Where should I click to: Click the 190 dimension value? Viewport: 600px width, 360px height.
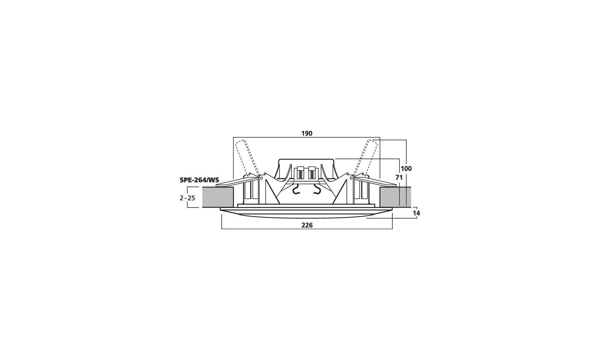(x=307, y=133)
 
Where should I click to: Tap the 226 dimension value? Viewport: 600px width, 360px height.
(x=307, y=226)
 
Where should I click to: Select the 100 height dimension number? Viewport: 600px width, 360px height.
(x=406, y=169)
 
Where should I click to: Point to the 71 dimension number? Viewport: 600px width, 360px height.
(x=399, y=178)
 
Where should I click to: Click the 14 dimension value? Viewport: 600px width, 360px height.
(x=416, y=214)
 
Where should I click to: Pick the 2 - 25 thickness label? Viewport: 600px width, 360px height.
(x=188, y=198)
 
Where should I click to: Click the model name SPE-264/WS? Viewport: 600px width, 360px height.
(x=199, y=180)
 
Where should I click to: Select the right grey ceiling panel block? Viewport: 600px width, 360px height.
(x=395, y=198)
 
